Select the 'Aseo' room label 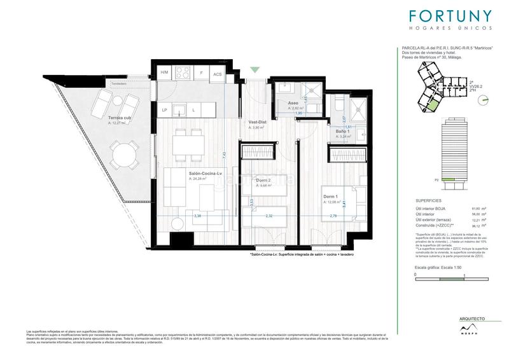click(x=293, y=103)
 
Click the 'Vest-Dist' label click(x=256, y=121)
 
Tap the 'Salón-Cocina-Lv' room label click(x=206, y=173)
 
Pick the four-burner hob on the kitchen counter click(x=180, y=73)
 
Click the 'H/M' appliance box click(x=164, y=73)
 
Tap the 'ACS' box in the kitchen click(x=218, y=74)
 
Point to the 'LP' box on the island click(x=164, y=110)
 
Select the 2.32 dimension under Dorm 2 click(x=270, y=216)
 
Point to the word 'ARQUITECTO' click(x=472, y=318)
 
